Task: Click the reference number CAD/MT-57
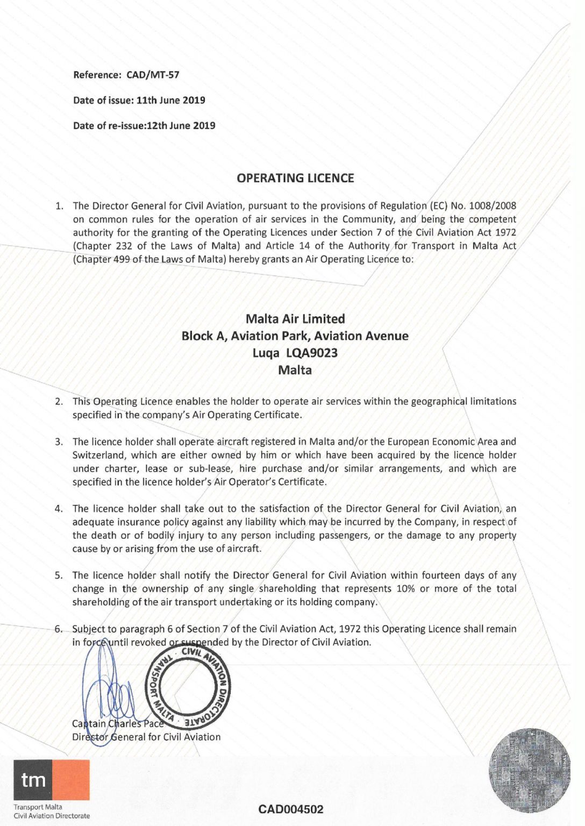click(x=153, y=75)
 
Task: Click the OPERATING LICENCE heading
click(x=295, y=178)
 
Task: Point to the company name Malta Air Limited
click(x=295, y=319)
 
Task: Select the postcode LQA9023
click(x=312, y=353)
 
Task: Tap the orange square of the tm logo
click(x=71, y=780)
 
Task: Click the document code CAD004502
click(x=291, y=809)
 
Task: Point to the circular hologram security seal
click(x=529, y=771)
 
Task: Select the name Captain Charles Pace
click(x=118, y=724)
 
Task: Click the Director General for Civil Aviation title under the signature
click(x=146, y=737)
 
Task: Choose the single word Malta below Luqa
click(x=295, y=370)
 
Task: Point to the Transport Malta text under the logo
click(x=38, y=807)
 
